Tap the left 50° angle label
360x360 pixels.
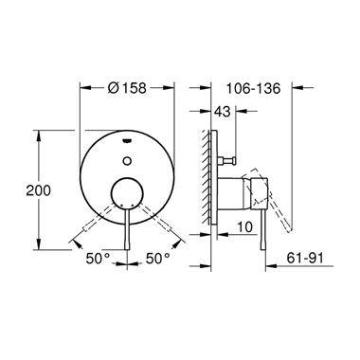tap(99, 257)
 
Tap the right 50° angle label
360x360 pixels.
tap(156, 257)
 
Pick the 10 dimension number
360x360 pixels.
tap(244, 227)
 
